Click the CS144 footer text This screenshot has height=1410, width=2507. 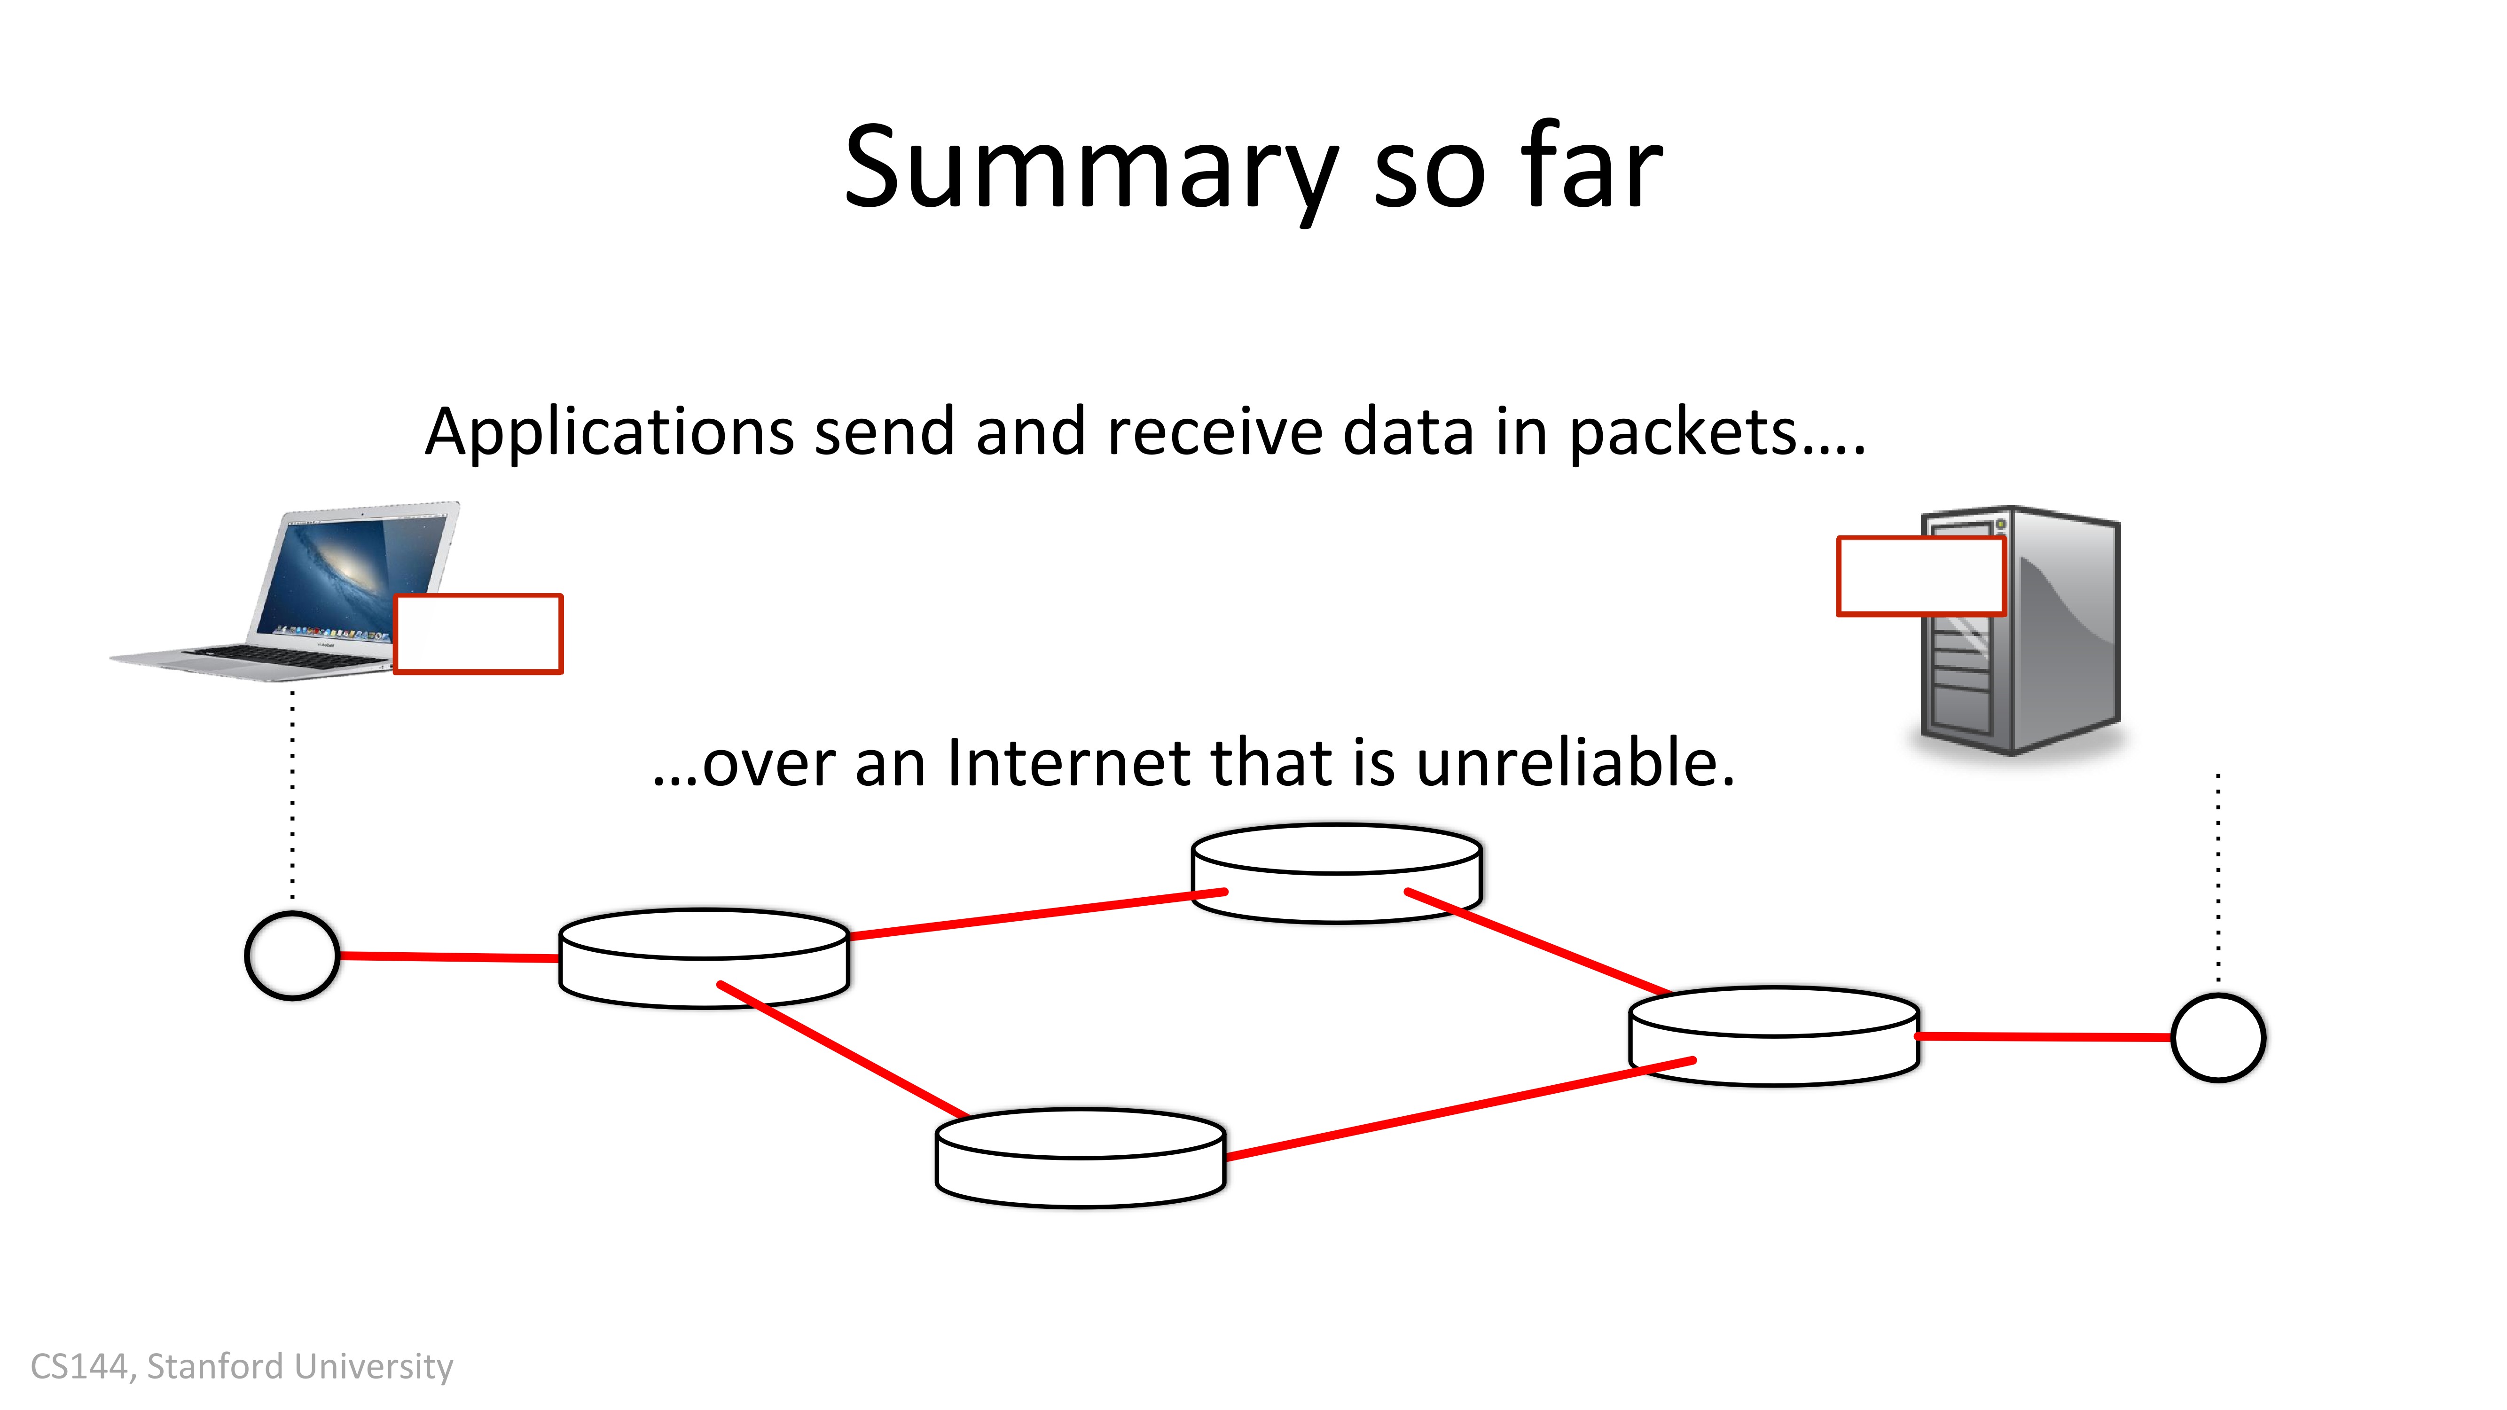[242, 1366]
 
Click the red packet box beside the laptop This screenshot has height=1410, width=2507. [478, 634]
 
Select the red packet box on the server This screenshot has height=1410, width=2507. [1920, 576]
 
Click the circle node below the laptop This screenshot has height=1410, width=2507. [292, 956]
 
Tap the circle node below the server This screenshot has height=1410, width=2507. [2218, 1037]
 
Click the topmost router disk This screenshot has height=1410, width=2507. [1336, 873]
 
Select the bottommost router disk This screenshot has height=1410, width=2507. [1080, 1158]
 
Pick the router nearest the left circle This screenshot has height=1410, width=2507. [704, 958]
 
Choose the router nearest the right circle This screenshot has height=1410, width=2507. [1774, 1036]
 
